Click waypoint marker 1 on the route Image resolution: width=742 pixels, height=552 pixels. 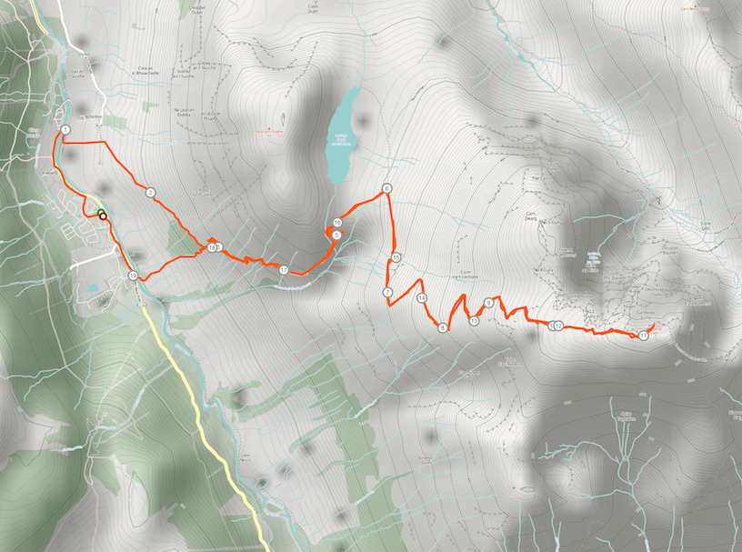(x=65, y=131)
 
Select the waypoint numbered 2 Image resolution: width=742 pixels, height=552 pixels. (x=150, y=192)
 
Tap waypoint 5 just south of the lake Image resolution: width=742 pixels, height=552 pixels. (x=336, y=236)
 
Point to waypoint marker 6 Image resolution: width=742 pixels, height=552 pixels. (x=386, y=189)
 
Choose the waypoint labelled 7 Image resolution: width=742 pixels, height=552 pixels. (x=387, y=292)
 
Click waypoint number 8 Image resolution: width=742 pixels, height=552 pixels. (x=443, y=327)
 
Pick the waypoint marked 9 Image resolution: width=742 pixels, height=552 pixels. (x=489, y=303)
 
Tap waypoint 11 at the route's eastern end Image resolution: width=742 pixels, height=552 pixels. (x=643, y=336)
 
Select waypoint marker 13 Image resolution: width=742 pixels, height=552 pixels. (x=475, y=320)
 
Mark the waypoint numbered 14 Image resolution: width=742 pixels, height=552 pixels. (x=422, y=298)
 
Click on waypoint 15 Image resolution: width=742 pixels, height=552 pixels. (x=396, y=258)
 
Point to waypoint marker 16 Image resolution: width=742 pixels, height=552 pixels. (x=337, y=223)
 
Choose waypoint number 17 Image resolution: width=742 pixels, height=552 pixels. (x=284, y=271)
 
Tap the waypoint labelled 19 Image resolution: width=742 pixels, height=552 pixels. (x=133, y=276)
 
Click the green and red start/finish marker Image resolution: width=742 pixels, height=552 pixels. (x=101, y=215)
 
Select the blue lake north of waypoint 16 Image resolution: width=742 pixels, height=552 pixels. (x=341, y=134)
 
